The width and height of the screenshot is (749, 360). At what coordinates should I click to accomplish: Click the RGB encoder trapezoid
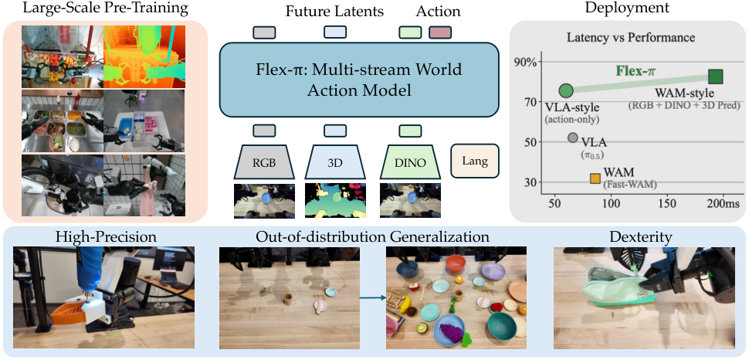tap(265, 161)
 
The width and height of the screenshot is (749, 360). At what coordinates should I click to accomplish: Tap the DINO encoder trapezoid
tap(410, 161)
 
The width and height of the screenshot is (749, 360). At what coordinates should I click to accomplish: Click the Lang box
tap(475, 161)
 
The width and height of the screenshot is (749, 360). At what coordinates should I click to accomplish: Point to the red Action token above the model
tap(440, 32)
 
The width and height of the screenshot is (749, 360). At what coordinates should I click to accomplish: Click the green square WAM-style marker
tap(715, 76)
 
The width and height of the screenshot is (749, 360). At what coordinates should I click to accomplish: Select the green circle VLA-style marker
tap(566, 90)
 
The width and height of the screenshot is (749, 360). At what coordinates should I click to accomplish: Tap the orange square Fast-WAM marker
tap(595, 178)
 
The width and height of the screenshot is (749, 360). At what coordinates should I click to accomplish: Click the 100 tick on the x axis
tap(611, 204)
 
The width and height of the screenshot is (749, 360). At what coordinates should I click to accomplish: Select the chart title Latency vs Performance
tap(631, 37)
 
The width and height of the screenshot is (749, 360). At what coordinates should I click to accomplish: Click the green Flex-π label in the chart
tap(635, 71)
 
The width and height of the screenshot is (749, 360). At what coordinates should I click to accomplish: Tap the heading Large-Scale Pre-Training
tap(106, 8)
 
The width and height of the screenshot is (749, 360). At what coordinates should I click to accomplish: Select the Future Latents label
tap(334, 12)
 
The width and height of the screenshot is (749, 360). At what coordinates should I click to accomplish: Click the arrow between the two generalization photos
tap(373, 298)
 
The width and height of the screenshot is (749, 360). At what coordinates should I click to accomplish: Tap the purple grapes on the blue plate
tap(449, 331)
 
